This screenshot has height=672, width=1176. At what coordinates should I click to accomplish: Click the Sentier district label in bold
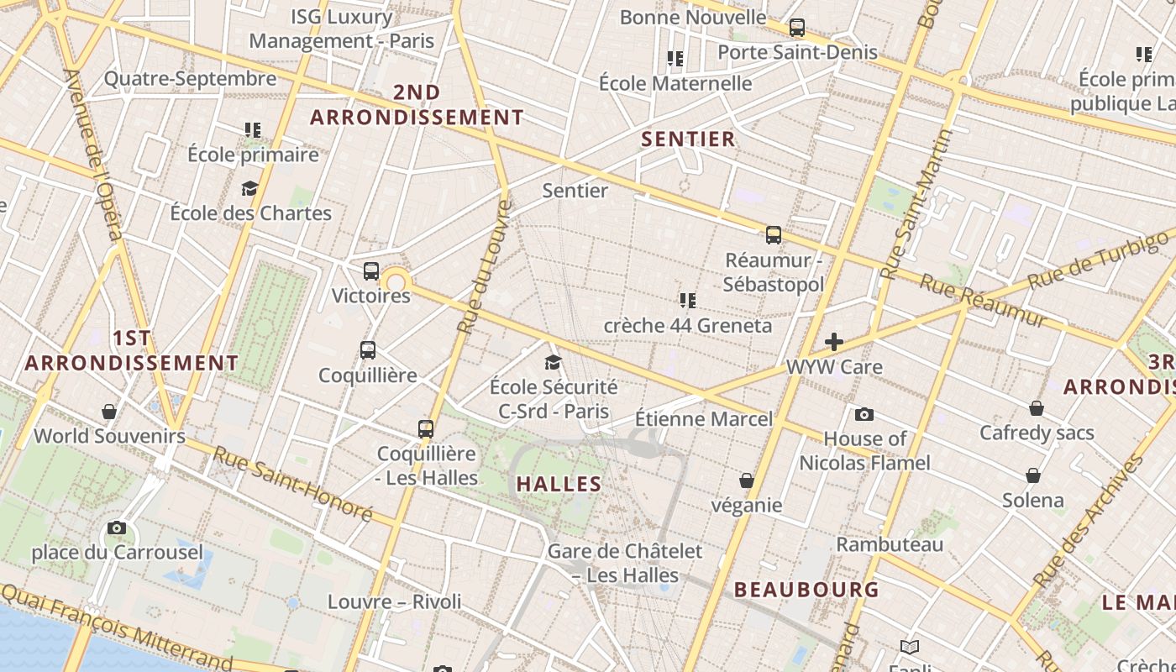pos(688,139)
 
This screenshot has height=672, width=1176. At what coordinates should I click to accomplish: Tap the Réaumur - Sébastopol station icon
pos(774,235)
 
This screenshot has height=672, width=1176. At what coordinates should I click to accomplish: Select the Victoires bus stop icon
pos(371,271)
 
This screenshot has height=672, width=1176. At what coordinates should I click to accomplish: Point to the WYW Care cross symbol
pos(834,341)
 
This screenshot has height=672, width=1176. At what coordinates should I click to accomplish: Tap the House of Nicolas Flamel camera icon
pos(864,414)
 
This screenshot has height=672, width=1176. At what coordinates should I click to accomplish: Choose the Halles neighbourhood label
pos(559,484)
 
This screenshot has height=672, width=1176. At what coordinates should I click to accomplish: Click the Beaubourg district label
pos(806,590)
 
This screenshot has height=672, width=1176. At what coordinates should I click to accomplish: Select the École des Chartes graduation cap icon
pos(249,188)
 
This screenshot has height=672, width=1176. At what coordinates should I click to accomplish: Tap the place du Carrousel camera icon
pos(117,528)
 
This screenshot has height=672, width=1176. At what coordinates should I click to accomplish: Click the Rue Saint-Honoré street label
pos(291,482)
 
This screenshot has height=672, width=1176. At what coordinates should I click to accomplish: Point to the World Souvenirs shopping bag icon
pos(109,412)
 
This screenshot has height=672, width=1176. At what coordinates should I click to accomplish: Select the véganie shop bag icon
pos(747,480)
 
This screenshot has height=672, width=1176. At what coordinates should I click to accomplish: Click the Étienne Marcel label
pos(703,418)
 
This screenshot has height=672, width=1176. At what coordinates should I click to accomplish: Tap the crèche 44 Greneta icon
pos(687,300)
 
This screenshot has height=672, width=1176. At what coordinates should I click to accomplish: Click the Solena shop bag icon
pos(1033,475)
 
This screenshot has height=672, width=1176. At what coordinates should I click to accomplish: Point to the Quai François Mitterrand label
pos(118,626)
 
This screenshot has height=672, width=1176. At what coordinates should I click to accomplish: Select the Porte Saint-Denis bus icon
pos(797,28)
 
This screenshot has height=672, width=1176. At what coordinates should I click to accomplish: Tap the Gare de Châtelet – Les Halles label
pos(625,563)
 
